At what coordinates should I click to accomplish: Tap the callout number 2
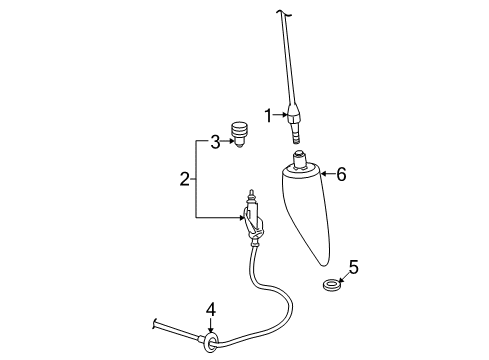184,179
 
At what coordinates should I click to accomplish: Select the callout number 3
213,143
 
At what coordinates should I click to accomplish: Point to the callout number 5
351,267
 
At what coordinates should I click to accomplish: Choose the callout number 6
341,175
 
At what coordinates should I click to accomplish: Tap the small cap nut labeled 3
239,132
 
